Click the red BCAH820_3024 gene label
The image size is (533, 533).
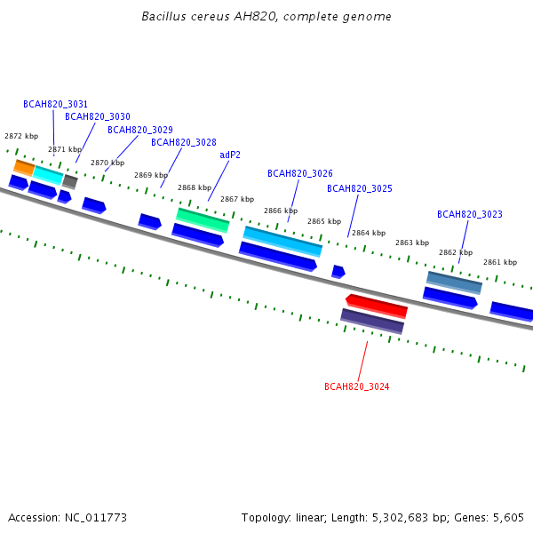(356, 386)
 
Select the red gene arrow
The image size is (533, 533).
(377, 306)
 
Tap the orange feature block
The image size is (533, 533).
(24, 168)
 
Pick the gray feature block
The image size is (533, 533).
(70, 182)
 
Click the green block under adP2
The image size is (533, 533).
(203, 220)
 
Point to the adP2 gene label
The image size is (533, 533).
(230, 155)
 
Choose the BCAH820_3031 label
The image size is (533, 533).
(55, 104)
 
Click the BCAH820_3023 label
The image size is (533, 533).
(469, 214)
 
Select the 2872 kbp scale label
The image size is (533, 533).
(21, 136)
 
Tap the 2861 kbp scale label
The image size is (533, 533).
(500, 262)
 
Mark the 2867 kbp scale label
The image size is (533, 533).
(237, 199)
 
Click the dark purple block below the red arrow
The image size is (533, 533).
(372, 322)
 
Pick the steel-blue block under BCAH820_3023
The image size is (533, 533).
(454, 282)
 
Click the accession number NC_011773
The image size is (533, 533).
(96, 518)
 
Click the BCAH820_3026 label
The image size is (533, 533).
(300, 173)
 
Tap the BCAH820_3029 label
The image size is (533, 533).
(140, 130)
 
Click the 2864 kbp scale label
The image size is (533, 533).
(369, 233)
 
